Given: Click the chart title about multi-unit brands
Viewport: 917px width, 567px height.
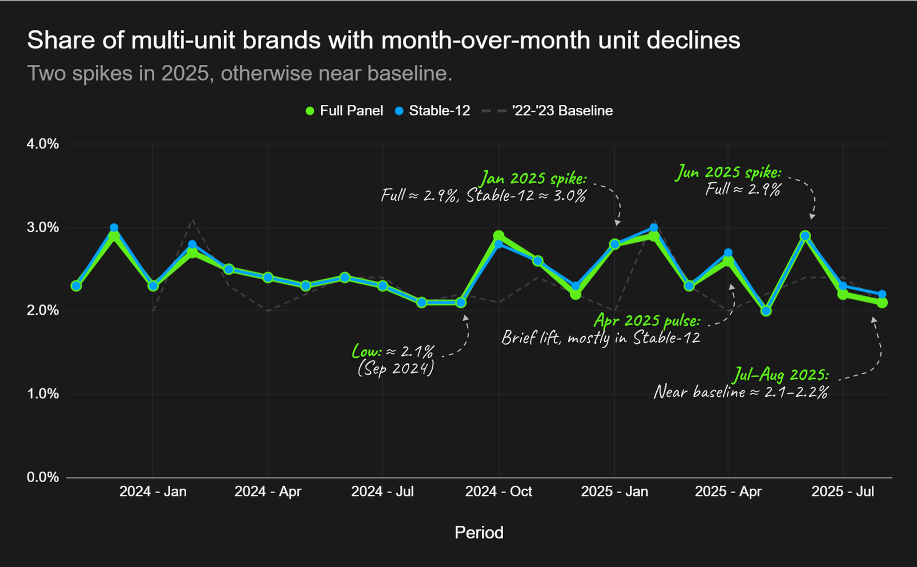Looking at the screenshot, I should point(383,40).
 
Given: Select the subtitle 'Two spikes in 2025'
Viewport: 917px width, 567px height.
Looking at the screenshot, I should point(240,73).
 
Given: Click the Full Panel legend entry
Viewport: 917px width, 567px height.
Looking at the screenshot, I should point(344,111).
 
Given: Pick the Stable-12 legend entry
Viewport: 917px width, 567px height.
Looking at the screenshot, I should point(433,111).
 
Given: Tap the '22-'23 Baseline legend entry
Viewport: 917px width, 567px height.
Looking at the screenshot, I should point(548,111).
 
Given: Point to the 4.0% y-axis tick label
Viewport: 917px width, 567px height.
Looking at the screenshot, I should point(43,144).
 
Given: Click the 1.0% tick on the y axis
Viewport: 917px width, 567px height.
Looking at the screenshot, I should point(43,394).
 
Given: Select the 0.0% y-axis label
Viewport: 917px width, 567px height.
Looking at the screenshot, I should point(43,477).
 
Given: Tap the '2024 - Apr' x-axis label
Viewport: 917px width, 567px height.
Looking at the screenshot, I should point(268,491).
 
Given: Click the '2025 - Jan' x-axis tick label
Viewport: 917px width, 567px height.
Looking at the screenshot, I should point(614,491).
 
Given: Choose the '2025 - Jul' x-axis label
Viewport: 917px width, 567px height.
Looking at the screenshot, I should point(842,491).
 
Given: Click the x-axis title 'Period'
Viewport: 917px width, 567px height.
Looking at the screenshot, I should point(479,533).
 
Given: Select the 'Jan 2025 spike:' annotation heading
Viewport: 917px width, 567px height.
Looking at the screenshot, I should point(534,178).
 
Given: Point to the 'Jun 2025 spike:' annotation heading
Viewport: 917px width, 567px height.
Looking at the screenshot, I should point(728,172).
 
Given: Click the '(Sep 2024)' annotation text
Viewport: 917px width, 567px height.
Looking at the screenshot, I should point(395,367).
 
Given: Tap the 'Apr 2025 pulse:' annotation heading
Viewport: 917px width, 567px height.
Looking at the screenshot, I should point(646,320).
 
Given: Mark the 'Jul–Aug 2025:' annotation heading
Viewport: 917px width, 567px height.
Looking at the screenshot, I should point(781,375).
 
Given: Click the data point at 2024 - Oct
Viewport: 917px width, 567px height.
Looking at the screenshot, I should point(499,236).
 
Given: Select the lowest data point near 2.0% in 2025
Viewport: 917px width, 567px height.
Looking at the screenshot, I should point(766,311).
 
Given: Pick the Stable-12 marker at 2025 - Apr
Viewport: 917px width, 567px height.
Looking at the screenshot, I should point(728,253).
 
